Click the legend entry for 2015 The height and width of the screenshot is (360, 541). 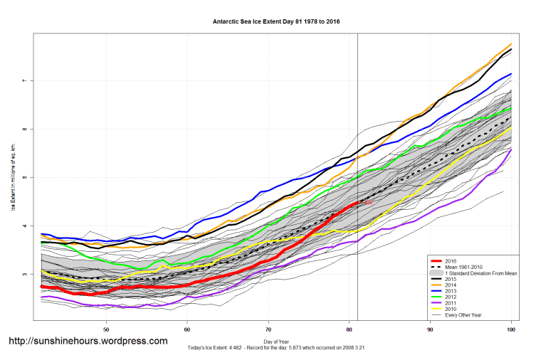(450, 280)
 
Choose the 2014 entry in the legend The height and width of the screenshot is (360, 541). (450, 287)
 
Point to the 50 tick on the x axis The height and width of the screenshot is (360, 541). (107, 329)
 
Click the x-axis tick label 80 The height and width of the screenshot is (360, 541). (350, 329)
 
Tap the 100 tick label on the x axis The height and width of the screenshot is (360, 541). (511, 329)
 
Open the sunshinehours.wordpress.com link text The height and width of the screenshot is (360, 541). (88, 341)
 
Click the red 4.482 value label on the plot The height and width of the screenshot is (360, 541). (366, 203)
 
